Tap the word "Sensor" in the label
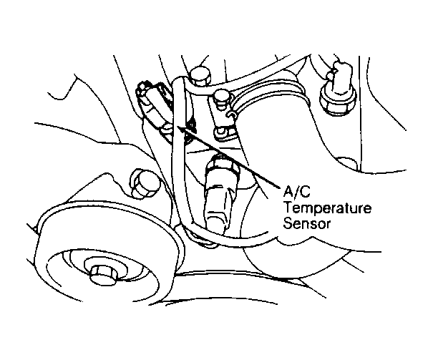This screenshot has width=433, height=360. click(x=307, y=223)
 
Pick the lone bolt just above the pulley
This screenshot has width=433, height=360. click(x=144, y=183)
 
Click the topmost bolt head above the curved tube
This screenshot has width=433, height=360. click(x=200, y=75)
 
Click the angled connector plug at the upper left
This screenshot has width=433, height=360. click(x=155, y=108)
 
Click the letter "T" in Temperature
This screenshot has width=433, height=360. click(x=289, y=208)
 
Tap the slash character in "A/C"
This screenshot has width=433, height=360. click(x=296, y=191)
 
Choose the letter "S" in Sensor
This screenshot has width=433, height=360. click(x=288, y=223)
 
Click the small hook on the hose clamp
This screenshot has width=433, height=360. click(x=232, y=115)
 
